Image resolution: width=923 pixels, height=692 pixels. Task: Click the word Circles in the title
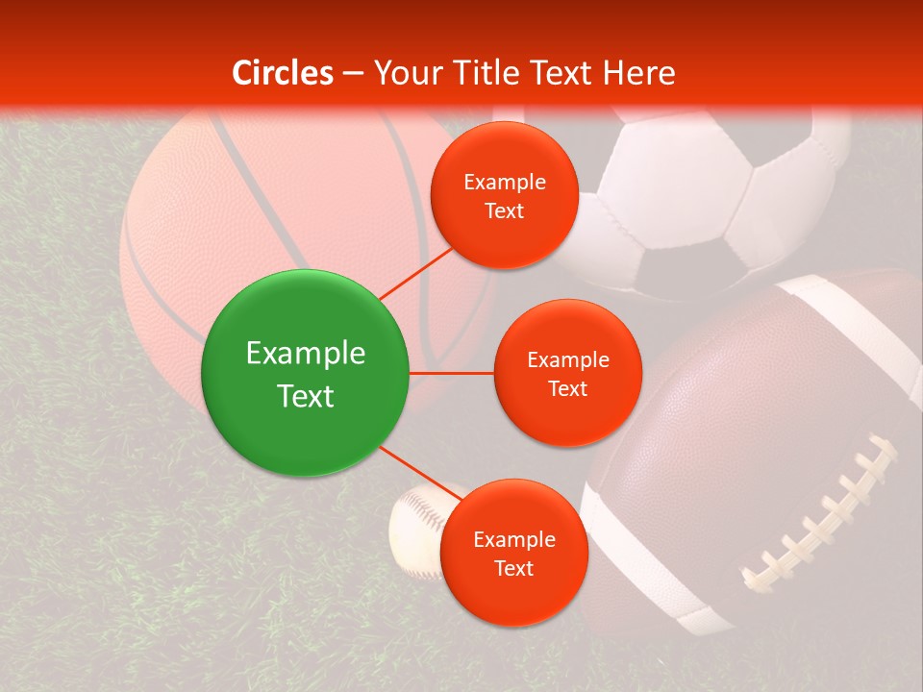click(283, 73)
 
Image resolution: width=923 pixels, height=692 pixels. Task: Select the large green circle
click(305, 373)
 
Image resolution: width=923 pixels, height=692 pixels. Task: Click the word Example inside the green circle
click(305, 353)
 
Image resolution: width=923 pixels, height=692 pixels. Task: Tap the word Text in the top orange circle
click(504, 211)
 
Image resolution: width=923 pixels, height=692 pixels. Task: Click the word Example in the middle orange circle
click(567, 360)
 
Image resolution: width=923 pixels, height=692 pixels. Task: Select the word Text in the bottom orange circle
click(513, 568)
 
